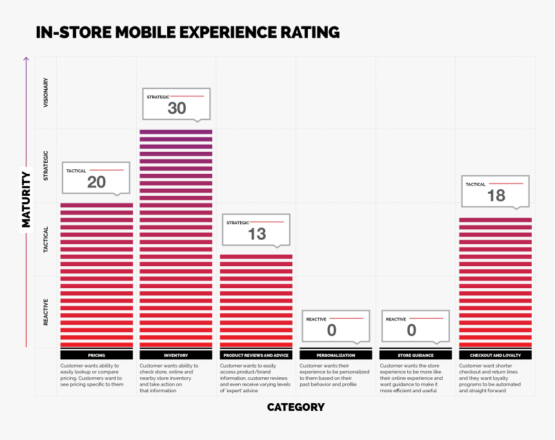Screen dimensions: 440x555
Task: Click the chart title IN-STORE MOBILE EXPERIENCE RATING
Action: pos(187,32)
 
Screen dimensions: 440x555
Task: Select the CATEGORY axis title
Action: pos(296,407)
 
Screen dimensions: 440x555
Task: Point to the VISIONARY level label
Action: pos(46,92)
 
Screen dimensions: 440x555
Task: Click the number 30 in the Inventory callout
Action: pos(177,109)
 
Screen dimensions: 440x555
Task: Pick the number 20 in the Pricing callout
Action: pos(96,183)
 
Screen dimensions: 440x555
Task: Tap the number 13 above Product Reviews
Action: pos(257,235)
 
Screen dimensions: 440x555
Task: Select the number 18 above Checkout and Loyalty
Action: pos(496,195)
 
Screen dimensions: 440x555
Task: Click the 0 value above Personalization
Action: pos(332,331)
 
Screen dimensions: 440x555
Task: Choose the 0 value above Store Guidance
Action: pos(412,331)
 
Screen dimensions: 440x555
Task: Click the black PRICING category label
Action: pos(96,355)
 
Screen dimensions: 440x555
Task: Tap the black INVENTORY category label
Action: pos(176,355)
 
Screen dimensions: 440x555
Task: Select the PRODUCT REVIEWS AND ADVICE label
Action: pos(256,355)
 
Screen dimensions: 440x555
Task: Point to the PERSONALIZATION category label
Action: pos(336,355)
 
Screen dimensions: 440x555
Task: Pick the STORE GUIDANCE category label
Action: pos(416,355)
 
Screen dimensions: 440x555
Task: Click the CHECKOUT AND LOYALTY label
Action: pos(496,355)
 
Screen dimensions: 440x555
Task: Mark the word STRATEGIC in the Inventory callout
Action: pos(157,97)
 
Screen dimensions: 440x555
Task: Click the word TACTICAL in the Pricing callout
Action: pos(76,171)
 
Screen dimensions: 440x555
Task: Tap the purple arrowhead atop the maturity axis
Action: pos(26,59)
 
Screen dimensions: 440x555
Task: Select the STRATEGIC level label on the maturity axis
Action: pos(46,165)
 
